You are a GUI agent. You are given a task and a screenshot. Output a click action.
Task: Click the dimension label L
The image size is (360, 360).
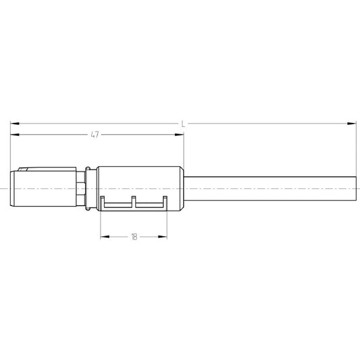[x=183, y=124]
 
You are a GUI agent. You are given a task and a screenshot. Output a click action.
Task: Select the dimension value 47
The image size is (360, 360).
[x=95, y=134]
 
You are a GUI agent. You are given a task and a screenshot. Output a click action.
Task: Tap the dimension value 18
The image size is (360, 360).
[x=134, y=236]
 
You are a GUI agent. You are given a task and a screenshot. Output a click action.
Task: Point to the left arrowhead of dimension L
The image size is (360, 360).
[x=15, y=124]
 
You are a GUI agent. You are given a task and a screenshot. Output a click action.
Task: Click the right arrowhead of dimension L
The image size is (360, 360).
[x=352, y=124]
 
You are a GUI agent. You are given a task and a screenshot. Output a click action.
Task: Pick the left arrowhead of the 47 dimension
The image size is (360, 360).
[x=15, y=134]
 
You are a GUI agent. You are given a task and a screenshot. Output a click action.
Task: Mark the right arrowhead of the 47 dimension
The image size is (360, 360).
[x=179, y=134]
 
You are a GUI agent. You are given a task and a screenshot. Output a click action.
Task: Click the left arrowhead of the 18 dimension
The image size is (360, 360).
[x=105, y=236]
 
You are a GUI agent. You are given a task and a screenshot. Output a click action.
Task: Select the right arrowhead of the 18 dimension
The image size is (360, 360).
[x=162, y=236]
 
